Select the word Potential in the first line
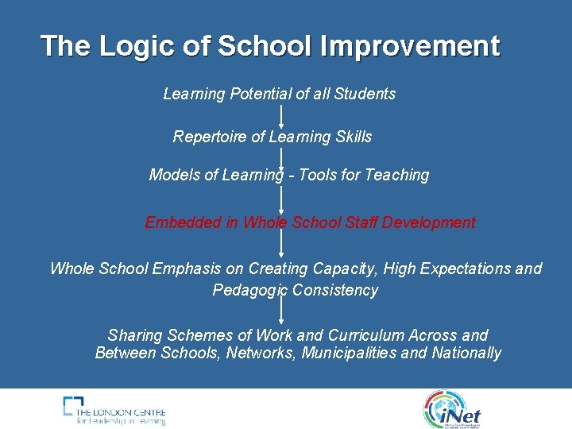point(261,94)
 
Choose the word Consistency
point(335,290)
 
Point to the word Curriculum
point(370,335)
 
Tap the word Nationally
point(466,353)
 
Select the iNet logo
point(452,409)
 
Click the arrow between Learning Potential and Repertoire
point(281,115)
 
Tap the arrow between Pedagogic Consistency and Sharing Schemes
point(281,312)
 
